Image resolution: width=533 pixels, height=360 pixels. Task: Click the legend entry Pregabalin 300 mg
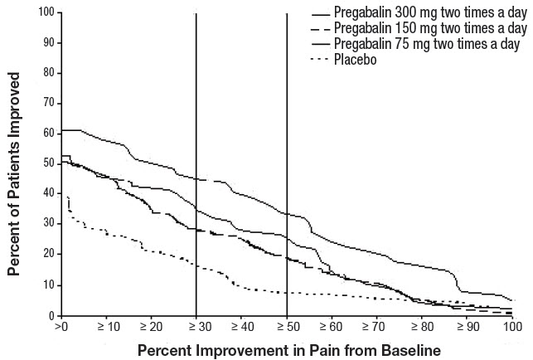pos(429,14)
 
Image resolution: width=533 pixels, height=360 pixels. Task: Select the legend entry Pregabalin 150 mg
pos(429,29)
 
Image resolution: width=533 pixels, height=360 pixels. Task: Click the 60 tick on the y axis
pos(47,134)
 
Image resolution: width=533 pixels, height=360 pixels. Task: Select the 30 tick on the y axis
pos(47,224)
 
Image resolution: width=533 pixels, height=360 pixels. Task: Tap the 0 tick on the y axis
pos(50,315)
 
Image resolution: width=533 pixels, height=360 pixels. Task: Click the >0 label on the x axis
pos(61,326)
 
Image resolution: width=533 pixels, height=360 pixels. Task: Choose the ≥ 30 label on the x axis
pos(196,326)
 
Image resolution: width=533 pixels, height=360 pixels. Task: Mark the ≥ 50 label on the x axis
pos(287,326)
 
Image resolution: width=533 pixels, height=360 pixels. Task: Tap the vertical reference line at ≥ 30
pos(196,166)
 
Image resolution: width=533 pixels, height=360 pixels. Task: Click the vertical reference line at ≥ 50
pos(287,166)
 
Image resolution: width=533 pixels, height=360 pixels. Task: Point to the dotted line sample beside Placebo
pos(320,58)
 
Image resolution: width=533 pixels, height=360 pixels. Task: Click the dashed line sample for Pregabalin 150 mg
pos(320,29)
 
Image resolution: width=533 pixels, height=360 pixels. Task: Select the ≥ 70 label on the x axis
pos(377,326)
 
